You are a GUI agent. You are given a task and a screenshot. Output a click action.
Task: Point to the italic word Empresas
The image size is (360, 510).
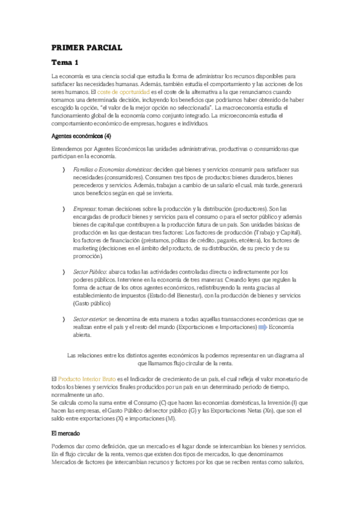(84, 209)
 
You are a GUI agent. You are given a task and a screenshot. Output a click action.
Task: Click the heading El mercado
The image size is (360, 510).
(70, 432)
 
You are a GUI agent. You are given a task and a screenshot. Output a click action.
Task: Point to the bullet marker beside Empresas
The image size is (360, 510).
(64, 209)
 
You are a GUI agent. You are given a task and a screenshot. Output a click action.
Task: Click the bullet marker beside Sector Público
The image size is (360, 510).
(64, 272)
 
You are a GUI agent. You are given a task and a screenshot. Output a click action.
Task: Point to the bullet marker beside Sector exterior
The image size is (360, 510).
(64, 319)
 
